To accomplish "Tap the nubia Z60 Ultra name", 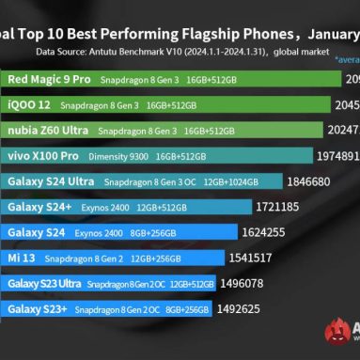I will click(47, 131).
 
